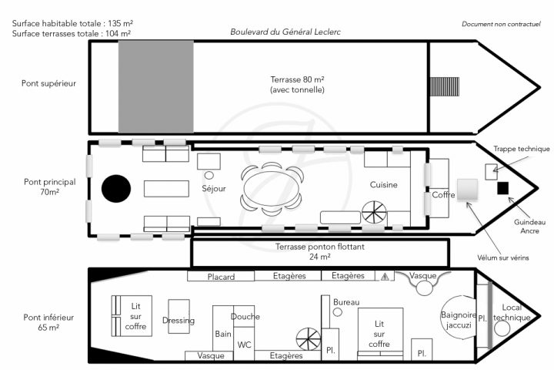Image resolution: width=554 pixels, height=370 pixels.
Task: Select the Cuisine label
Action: click(383, 185)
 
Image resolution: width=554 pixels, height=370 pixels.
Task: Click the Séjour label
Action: click(213, 187)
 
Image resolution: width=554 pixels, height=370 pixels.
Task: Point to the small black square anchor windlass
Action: click(503, 188)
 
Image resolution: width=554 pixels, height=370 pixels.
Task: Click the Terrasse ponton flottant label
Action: click(319, 247)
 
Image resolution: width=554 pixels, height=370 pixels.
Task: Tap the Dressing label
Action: click(179, 321)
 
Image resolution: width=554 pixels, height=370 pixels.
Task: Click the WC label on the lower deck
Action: click(244, 345)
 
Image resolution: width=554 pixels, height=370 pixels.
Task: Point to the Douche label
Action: click(245, 316)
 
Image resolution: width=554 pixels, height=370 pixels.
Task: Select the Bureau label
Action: click(346, 302)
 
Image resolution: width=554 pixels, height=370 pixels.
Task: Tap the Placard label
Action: click(221, 276)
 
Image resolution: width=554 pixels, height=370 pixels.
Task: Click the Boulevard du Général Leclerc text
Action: click(285, 32)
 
